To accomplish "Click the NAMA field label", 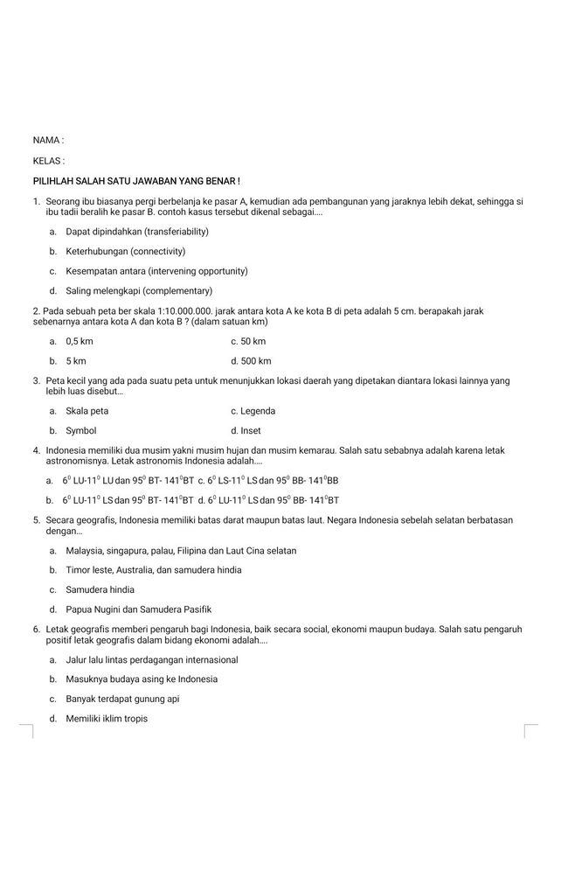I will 47,140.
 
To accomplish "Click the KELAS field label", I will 48,161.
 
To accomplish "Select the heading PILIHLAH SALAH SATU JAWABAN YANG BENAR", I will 135,181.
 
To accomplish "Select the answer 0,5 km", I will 80,341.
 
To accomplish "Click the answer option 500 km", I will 254,361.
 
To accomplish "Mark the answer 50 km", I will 252,341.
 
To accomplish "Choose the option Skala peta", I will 87,411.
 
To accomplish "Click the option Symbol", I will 81,431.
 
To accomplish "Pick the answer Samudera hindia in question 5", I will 100,590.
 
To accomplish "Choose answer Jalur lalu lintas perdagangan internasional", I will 151,660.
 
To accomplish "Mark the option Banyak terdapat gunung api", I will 122,700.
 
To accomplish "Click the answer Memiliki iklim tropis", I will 107,720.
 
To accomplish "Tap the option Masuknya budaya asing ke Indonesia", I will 142,679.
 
